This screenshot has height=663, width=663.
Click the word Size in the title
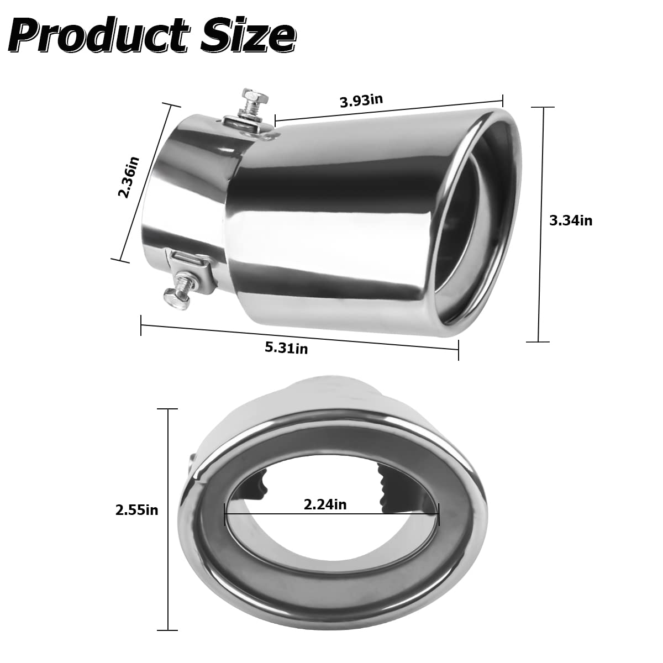click(x=248, y=34)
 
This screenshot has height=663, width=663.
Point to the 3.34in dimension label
click(x=570, y=220)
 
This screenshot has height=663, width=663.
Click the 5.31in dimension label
click(x=286, y=348)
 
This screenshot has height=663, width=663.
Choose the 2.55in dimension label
click(x=136, y=509)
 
